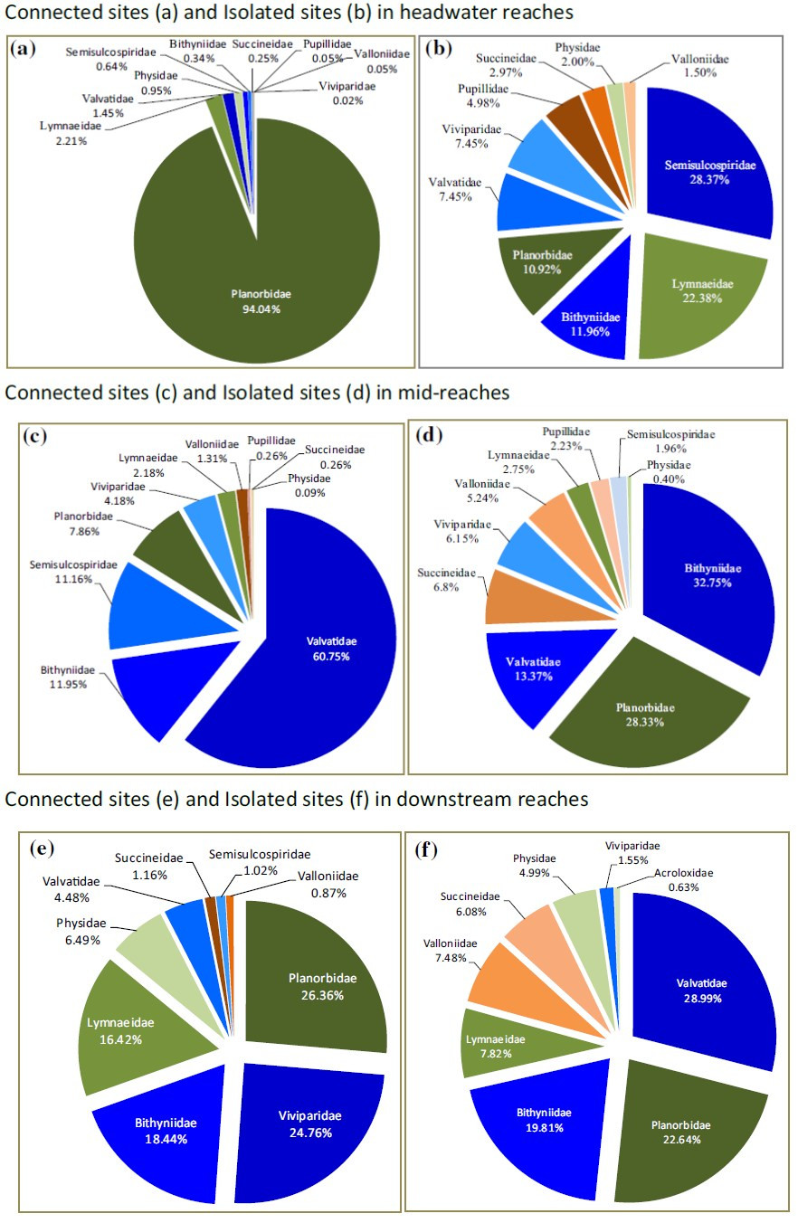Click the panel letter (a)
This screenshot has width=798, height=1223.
[x=23, y=49]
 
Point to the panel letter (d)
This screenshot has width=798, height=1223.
[x=427, y=435]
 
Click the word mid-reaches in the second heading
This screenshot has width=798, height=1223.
[x=456, y=393]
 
